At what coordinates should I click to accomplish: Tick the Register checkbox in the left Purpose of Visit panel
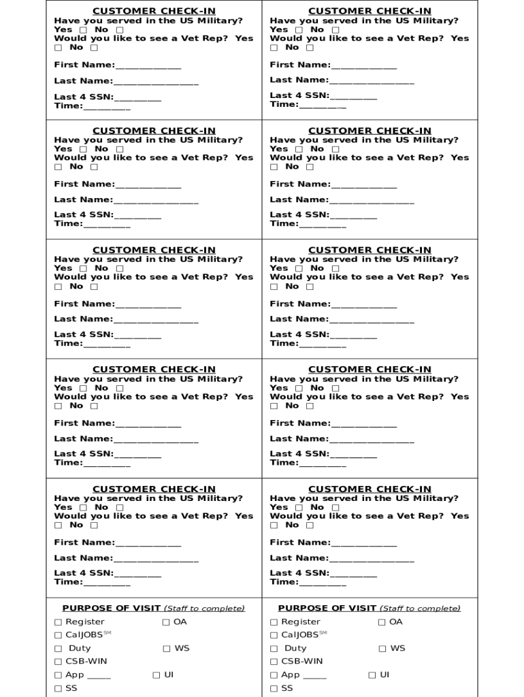pos(59,622)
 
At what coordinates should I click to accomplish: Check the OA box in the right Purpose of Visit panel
pos(382,622)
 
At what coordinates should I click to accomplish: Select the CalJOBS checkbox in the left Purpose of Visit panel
pos(59,635)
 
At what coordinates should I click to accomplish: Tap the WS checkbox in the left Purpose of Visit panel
pos(167,649)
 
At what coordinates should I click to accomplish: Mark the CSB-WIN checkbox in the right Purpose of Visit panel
pos(274,662)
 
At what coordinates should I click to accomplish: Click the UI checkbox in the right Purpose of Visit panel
pos(372,675)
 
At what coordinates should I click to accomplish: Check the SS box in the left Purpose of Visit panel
pos(59,689)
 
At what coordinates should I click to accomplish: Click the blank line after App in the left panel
pos(99,677)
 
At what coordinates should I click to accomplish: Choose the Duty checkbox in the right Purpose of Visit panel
pos(274,649)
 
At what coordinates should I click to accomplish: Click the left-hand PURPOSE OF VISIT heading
pos(111,609)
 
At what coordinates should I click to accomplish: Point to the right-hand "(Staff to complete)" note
pos(420,609)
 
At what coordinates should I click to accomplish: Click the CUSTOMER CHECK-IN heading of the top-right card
pos(370,11)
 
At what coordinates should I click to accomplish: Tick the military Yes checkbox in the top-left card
pos(83,30)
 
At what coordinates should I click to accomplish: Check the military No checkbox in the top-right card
pos(335,30)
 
